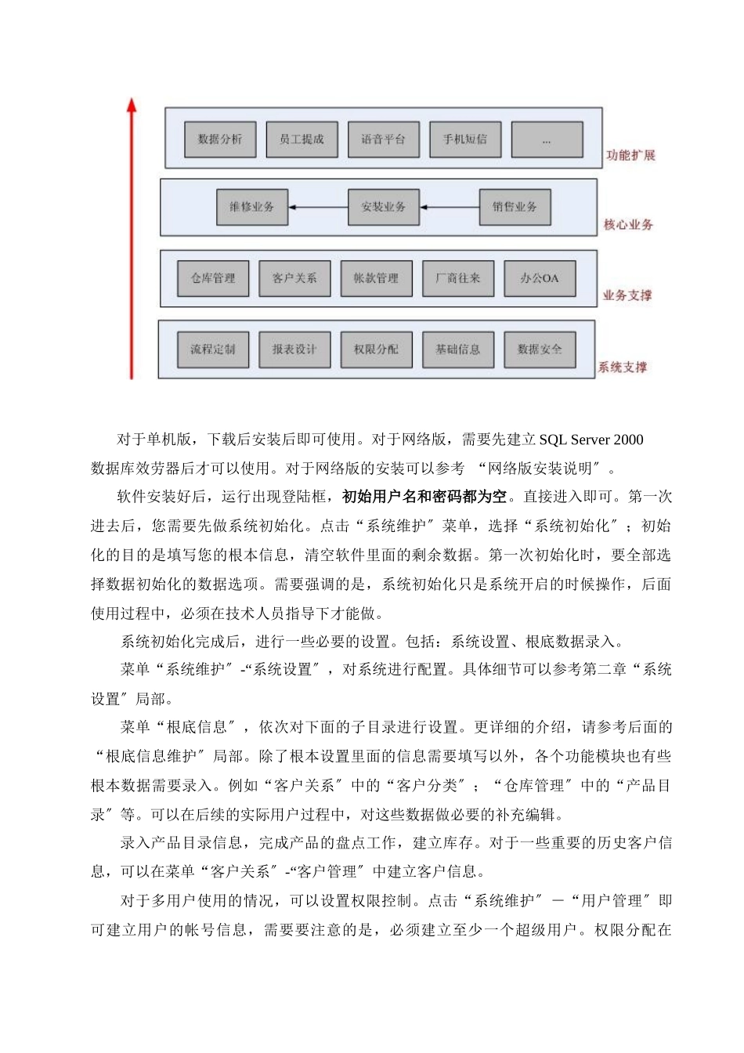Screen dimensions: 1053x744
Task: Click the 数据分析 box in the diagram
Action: (220, 139)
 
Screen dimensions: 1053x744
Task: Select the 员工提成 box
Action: (302, 139)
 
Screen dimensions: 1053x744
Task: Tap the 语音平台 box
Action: (384, 139)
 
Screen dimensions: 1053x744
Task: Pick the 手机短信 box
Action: (465, 139)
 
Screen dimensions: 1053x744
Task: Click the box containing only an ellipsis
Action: (547, 140)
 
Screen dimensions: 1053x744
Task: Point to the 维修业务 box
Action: (252, 208)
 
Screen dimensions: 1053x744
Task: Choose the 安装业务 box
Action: (384, 208)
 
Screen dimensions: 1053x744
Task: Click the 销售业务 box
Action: (515, 208)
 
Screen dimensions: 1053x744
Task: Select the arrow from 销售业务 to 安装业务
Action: (450, 208)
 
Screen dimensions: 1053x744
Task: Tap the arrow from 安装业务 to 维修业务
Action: (318, 208)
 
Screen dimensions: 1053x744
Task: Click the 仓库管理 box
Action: (213, 278)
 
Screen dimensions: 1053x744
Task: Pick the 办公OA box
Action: (540, 278)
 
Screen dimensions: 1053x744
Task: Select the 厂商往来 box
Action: (458, 278)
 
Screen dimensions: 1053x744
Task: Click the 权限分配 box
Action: (376, 349)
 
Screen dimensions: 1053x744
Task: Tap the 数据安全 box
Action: (540, 349)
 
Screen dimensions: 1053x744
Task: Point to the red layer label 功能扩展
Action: (630, 155)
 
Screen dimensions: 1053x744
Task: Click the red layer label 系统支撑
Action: (623, 367)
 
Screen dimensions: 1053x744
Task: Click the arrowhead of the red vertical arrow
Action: (132, 104)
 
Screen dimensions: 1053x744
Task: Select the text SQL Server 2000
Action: (591, 440)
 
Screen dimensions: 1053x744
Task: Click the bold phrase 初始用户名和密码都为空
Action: (424, 497)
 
